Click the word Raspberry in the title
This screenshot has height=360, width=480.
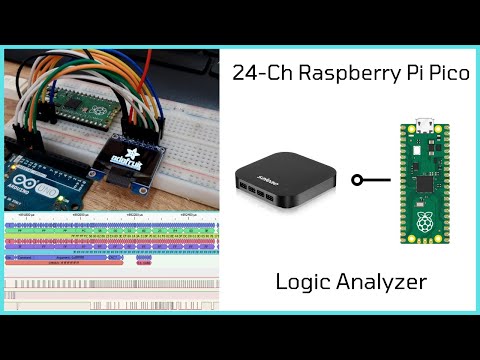pyautogui.click(x=346, y=72)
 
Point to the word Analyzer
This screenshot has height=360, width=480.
pyautogui.click(x=380, y=283)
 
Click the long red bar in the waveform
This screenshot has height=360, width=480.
pyautogui.click(x=65, y=263)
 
